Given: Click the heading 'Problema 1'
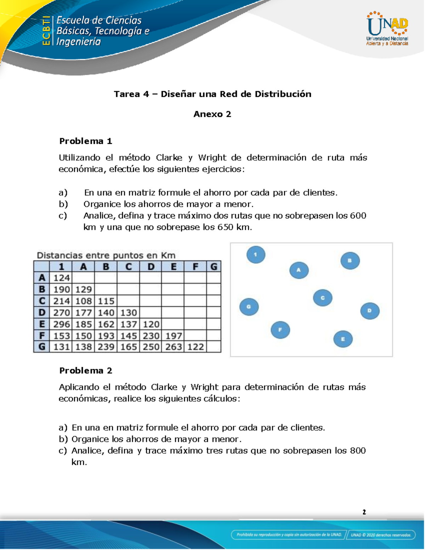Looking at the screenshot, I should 86,141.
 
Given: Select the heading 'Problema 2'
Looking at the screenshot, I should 86,371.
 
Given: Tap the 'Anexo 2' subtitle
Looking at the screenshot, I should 212,114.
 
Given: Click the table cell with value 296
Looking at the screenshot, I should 61,324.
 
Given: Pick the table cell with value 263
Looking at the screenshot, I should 173,347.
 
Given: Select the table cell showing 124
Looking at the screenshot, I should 61,278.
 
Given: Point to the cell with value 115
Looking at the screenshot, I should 106,301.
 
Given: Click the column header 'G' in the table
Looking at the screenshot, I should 214,267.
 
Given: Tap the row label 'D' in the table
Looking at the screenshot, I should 42,313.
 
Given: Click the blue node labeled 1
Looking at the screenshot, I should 256,255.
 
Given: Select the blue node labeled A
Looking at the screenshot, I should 299,270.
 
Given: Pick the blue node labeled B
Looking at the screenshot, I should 350,261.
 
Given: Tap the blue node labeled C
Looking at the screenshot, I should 323,298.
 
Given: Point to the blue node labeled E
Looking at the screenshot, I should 343,339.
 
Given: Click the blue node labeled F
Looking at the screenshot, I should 280,330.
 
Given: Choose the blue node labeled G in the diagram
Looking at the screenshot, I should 249,307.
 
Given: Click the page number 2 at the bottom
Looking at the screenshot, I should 364,512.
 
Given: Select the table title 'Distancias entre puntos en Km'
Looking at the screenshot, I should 106,255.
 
